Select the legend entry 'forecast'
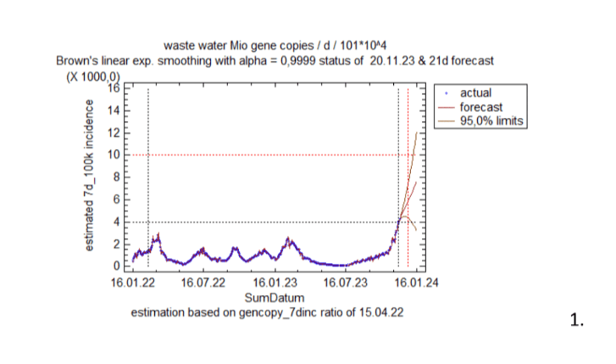point(480,108)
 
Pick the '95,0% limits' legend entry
point(491,121)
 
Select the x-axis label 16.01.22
point(132,283)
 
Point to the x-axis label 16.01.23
point(275,283)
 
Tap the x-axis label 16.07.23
point(347,283)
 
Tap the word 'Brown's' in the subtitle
point(77,61)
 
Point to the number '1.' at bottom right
point(577,320)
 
